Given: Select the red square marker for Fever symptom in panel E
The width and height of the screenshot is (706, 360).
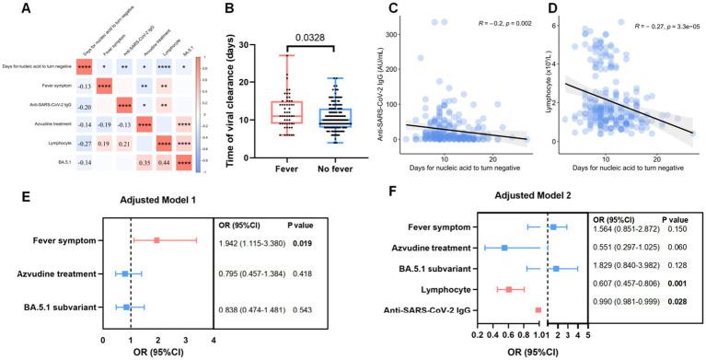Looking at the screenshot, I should pos(157,241).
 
